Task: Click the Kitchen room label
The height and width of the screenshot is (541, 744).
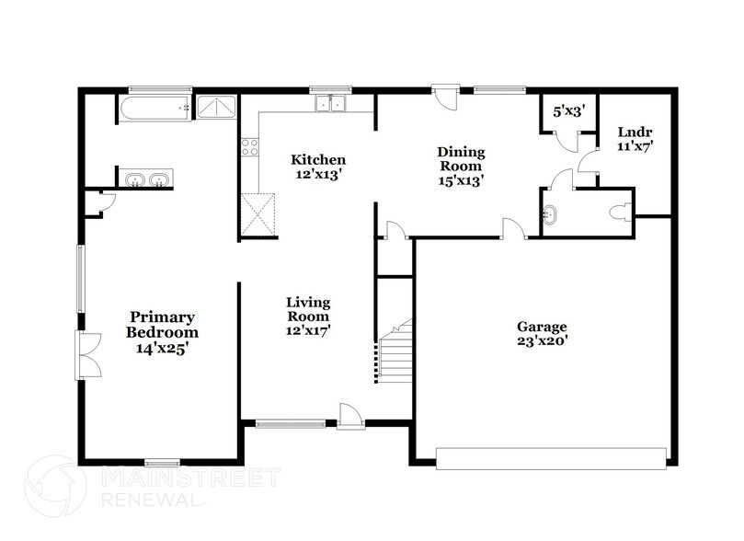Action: click(x=318, y=167)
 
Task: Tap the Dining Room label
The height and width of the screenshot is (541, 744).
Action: click(x=461, y=167)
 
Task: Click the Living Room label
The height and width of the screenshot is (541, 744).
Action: click(x=308, y=316)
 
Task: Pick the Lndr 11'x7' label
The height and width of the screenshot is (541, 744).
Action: click(x=635, y=139)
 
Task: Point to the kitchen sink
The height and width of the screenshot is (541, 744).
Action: click(x=331, y=104)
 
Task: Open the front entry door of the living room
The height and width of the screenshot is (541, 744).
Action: click(x=350, y=416)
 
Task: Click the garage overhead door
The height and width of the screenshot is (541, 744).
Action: click(x=551, y=457)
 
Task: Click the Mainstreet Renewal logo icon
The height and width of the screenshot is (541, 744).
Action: click(x=57, y=486)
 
